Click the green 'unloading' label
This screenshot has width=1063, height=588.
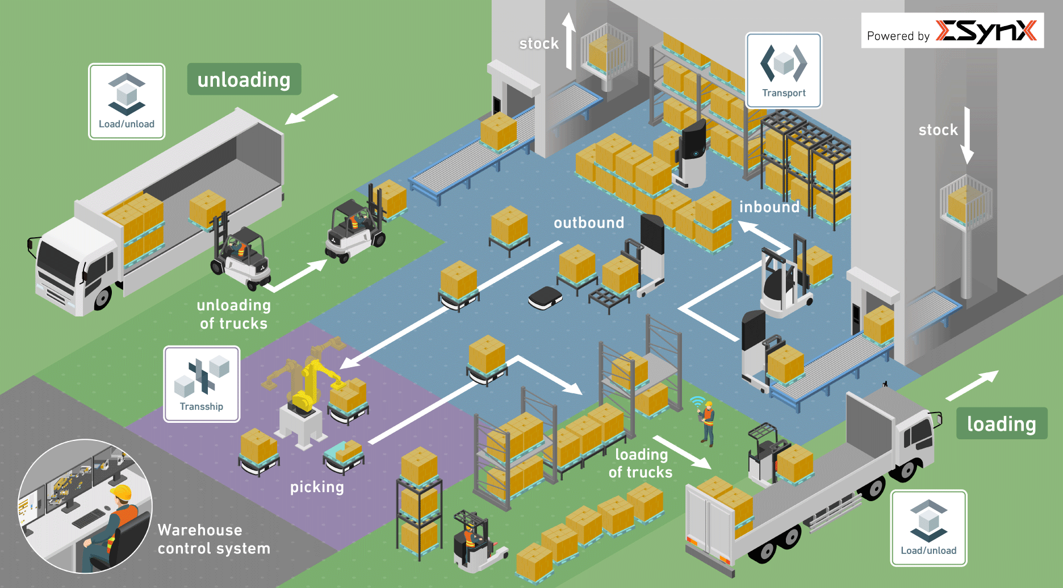click(x=244, y=79)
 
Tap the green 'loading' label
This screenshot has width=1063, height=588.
click(x=1001, y=423)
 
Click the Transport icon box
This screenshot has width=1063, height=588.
click(x=784, y=70)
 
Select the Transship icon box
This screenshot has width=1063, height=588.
click(x=202, y=384)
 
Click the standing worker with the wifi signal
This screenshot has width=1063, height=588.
click(x=708, y=422)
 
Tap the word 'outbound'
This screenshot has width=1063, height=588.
click(x=589, y=223)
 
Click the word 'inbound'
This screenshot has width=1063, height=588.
click(x=769, y=207)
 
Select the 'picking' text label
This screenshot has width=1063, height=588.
click(x=317, y=487)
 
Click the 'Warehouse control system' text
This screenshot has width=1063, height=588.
click(x=214, y=539)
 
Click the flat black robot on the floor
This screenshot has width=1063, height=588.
click(x=545, y=297)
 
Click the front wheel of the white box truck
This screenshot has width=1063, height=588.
click(x=103, y=297)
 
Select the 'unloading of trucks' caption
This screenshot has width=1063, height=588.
click(x=233, y=314)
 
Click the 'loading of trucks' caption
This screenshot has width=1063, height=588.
click(x=641, y=463)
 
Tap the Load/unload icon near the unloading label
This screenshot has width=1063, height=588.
click(x=127, y=102)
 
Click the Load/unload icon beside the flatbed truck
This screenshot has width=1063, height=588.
click(x=928, y=528)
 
